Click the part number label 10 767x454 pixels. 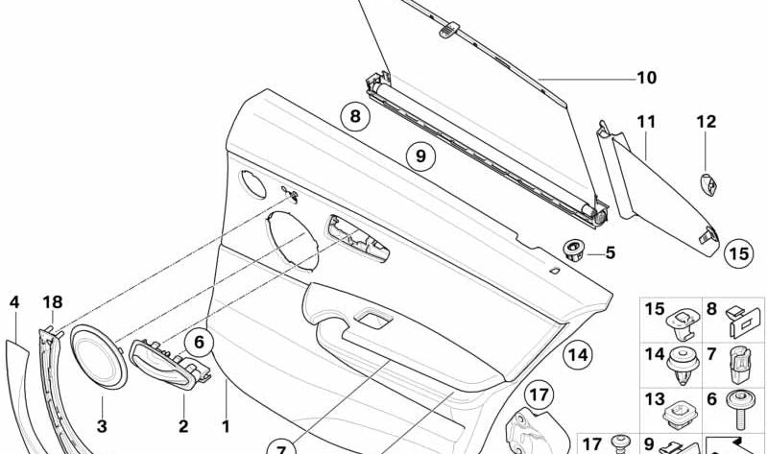(x=646, y=78)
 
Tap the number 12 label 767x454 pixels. (x=707, y=122)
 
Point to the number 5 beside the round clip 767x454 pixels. (x=610, y=253)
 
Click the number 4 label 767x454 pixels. (x=13, y=302)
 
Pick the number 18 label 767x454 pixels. (x=52, y=302)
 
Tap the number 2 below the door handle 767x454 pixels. (x=183, y=426)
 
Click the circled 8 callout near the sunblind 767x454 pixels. (x=354, y=118)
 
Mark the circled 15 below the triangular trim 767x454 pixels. (x=737, y=253)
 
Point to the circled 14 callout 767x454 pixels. (x=576, y=355)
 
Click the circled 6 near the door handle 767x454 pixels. (x=200, y=340)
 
